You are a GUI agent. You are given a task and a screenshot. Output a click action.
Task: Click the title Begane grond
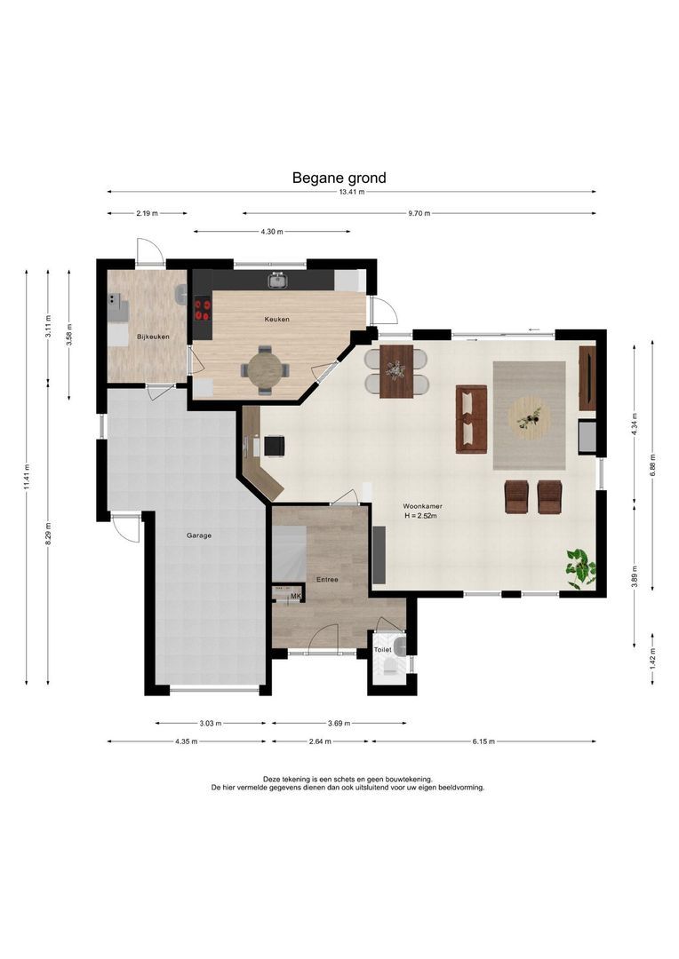pyautogui.click(x=339, y=178)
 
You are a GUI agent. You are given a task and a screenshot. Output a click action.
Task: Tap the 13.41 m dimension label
pyautogui.click(x=351, y=192)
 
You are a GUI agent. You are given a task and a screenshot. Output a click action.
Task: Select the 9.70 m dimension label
pyautogui.click(x=419, y=213)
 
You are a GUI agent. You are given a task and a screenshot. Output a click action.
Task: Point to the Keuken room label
pyautogui.click(x=276, y=320)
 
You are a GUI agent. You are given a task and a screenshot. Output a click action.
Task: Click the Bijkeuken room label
pyautogui.click(x=153, y=337)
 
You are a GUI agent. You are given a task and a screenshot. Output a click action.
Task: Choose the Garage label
pyautogui.click(x=199, y=535)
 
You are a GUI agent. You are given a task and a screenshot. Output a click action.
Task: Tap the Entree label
pyautogui.click(x=327, y=580)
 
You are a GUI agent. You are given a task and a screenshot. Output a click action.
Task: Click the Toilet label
pyautogui.click(x=383, y=649)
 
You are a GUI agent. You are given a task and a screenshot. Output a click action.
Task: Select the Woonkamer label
pyautogui.click(x=422, y=506)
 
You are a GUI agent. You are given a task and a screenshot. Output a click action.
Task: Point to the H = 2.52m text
pyautogui.click(x=420, y=516)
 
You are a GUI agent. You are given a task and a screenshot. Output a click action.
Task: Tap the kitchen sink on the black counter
pyautogui.click(x=277, y=281)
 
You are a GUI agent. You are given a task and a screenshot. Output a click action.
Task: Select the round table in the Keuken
pyautogui.click(x=266, y=370)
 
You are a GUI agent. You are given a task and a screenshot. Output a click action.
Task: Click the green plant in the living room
pyautogui.click(x=579, y=567)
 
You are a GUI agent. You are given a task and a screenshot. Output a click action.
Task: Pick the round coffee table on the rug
pyautogui.click(x=530, y=417)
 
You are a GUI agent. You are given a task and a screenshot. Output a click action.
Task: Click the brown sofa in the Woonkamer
pyautogui.click(x=471, y=419)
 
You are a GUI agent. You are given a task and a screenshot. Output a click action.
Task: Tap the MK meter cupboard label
pyautogui.click(x=296, y=597)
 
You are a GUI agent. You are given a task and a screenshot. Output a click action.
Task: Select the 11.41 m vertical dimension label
pyautogui.click(x=27, y=477)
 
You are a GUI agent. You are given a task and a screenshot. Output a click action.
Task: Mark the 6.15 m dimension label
pyautogui.click(x=483, y=741)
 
